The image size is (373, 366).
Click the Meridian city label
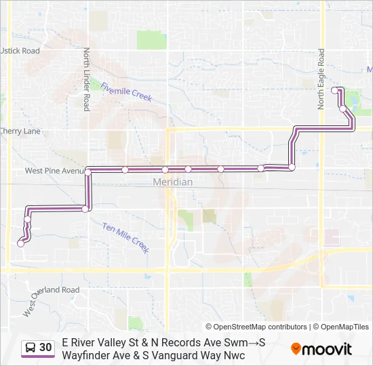click(x=172, y=182)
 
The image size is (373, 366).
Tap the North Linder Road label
click(x=87, y=80)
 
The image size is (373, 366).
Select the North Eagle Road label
click(x=321, y=81)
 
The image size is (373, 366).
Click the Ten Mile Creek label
click(x=125, y=237)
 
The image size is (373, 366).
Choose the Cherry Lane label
click(x=20, y=131)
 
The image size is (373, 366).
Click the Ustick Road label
click(x=20, y=51)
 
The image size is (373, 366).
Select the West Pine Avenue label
click(x=53, y=171)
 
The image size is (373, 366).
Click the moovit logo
click(x=321, y=349)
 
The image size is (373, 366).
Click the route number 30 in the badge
click(x=45, y=348)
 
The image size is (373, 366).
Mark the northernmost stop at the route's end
click(x=334, y=89)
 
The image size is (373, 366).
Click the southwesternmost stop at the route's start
click(x=20, y=245)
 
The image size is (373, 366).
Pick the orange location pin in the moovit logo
click(x=296, y=349)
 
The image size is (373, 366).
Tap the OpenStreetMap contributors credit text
click(x=256, y=327)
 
